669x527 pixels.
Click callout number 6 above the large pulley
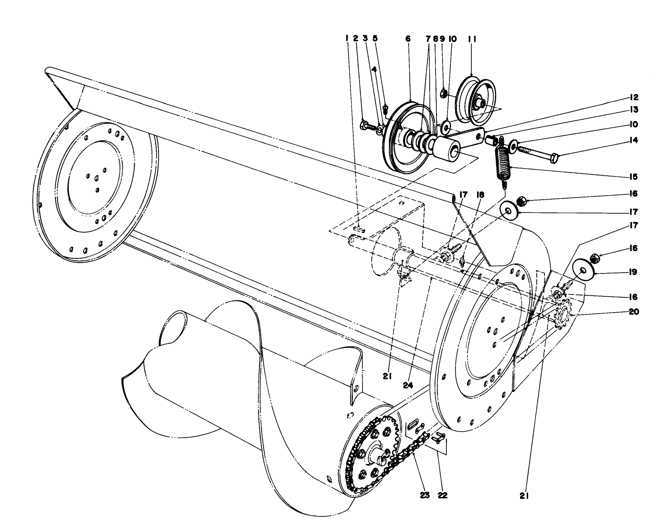408,38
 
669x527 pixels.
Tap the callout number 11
472,38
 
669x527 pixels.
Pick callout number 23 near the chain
425,495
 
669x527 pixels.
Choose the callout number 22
442,495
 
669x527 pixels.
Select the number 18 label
480,195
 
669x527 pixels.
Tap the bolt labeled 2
365,126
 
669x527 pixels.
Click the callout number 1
347,38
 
